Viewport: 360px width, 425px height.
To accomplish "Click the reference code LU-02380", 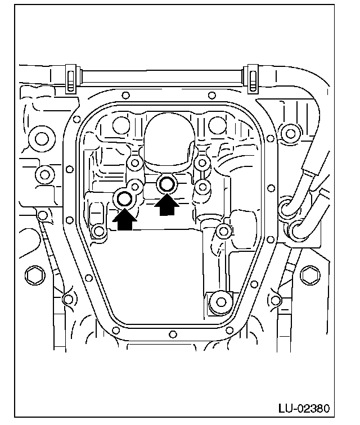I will click(x=306, y=407).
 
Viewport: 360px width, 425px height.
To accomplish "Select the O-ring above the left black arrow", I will click(x=124, y=198).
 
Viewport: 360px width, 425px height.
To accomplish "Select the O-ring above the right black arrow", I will click(x=167, y=183).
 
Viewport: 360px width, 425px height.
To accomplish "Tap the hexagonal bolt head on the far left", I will click(x=33, y=275).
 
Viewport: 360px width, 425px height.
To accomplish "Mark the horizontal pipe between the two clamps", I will click(x=161, y=73).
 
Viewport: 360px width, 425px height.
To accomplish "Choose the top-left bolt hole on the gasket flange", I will click(x=125, y=95).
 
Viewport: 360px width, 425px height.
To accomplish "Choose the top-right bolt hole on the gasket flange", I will click(x=212, y=95).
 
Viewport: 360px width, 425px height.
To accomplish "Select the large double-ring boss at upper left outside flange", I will click(x=40, y=137).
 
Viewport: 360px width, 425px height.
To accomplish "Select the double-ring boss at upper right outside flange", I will click(x=290, y=134).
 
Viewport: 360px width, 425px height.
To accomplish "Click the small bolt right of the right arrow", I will click(x=204, y=186).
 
